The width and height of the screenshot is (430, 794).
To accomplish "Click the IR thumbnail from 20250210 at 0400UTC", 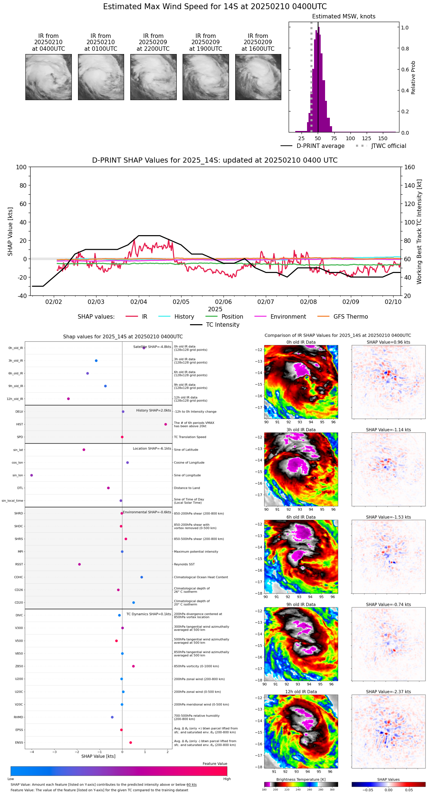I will pos(49,77).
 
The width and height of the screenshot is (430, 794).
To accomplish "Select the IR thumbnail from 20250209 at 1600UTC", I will pos(258,77).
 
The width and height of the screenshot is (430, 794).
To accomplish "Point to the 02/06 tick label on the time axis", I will pos(223,302).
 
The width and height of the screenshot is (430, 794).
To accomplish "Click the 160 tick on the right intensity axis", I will pos(410,167).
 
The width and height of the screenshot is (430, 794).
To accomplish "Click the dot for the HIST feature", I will pos(166,424).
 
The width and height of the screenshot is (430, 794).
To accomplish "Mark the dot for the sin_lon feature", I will pos(32,475).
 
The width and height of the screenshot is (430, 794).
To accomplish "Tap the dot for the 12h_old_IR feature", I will pos(68,399).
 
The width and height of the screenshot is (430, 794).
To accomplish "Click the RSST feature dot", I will pos(80,564).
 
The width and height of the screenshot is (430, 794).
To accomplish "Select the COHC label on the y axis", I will pos(19,577).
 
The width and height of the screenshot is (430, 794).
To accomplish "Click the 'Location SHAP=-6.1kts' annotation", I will pos(152,449).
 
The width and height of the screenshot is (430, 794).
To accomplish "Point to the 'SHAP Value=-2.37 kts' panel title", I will pos(388,692).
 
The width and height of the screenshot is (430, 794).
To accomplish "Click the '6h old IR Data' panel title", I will pos(301,517).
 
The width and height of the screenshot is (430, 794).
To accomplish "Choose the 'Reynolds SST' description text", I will pos(184,564).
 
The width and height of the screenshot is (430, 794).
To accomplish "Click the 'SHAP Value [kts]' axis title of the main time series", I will pos(10,231).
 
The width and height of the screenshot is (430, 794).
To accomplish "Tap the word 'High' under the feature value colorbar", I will pos(227,779).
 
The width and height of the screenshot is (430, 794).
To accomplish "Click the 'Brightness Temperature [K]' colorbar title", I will pos(301,780).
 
